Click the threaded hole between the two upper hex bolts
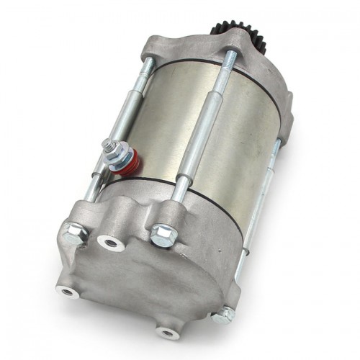click(112, 243)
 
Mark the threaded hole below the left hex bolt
click(68, 292)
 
